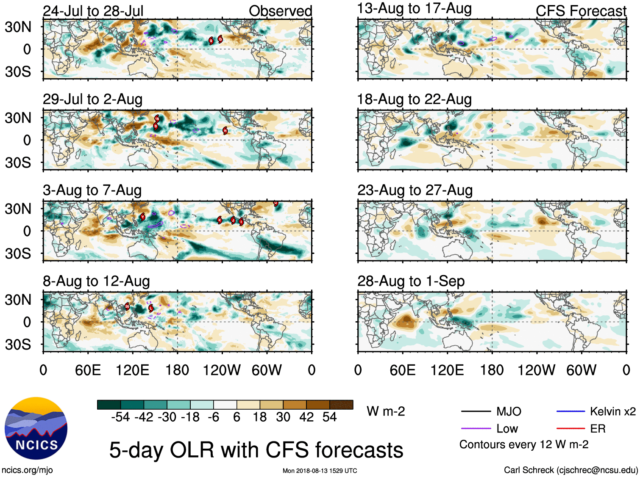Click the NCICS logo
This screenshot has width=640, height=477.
pos(36,428)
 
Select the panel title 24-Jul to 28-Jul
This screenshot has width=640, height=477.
pos(93,11)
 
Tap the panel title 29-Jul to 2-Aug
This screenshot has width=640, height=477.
pos(92,99)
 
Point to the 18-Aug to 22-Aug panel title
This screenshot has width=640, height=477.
pos(414,99)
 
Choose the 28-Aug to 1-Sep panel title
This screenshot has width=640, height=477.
pos(411,281)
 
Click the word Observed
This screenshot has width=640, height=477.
pos(280,11)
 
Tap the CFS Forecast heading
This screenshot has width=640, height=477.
pos(581,11)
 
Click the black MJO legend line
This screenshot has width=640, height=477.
pos(476,411)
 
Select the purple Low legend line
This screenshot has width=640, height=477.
pos(476,429)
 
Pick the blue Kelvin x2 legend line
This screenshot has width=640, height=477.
pos(570,411)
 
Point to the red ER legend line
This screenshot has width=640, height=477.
pos(570,429)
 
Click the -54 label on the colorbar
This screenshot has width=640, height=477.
pos(120,417)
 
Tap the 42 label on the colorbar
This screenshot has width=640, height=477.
pos(306,417)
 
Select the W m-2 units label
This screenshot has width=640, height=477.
pos(386,411)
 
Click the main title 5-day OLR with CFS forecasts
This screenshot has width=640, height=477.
pos(256,450)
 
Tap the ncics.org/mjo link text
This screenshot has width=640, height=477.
pos(27,470)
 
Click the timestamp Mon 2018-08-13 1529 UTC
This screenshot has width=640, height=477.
pos(320,471)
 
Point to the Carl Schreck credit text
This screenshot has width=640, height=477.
pos(570,470)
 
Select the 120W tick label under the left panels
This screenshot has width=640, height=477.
pos(221,370)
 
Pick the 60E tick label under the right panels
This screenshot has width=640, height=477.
pos(403,370)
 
